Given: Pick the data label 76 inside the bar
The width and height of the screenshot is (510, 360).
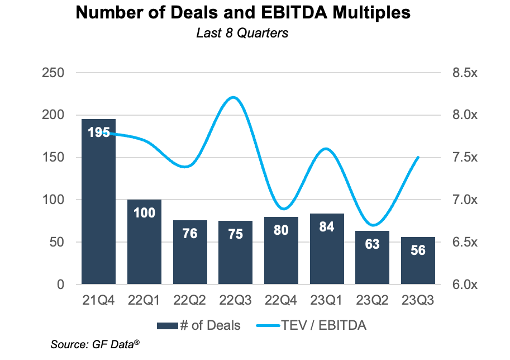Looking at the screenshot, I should [x=190, y=233].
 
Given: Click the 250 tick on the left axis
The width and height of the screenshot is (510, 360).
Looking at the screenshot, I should [x=53, y=73].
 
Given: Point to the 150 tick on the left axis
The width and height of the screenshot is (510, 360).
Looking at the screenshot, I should [x=53, y=158].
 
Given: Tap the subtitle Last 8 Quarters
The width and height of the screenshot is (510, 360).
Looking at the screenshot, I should [x=242, y=33].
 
